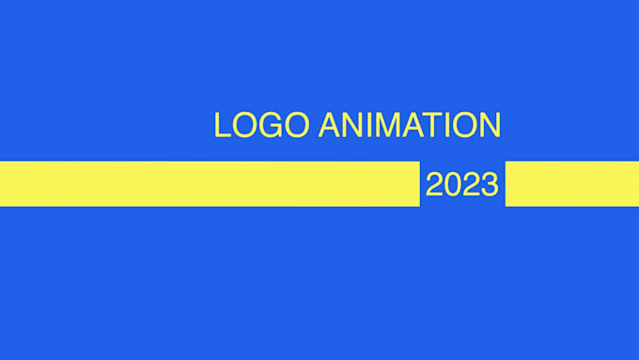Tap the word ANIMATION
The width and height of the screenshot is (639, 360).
[x=410, y=125]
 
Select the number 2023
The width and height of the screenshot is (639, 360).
[x=461, y=184]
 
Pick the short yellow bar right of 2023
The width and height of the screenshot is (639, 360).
[x=571, y=183]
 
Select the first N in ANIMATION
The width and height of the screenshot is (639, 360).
[x=353, y=125]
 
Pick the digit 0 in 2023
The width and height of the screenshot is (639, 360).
[x=453, y=184]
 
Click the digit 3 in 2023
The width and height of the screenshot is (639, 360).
[x=490, y=184]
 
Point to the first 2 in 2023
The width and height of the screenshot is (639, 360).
[x=435, y=184]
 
